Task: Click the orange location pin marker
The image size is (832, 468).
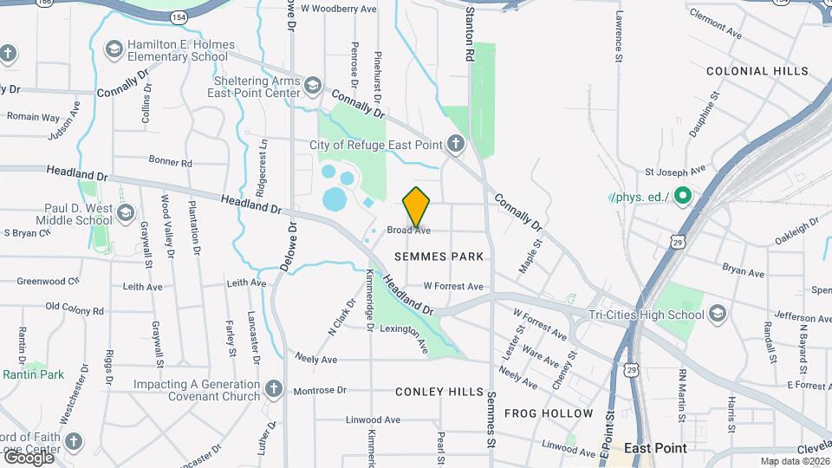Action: (x=417, y=206)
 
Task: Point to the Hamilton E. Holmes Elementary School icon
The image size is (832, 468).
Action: (x=114, y=50)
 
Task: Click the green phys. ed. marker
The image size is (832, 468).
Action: (x=682, y=197)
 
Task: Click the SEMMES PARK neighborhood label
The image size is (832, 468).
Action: (x=439, y=257)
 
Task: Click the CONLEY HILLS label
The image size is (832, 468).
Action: (x=439, y=392)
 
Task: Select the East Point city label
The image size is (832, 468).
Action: (x=655, y=448)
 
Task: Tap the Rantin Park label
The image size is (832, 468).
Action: (x=34, y=374)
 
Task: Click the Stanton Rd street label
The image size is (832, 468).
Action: (x=470, y=35)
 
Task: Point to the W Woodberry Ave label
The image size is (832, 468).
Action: (x=337, y=9)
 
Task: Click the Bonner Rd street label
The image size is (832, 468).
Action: (x=170, y=162)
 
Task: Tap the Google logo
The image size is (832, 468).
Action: (x=29, y=457)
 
